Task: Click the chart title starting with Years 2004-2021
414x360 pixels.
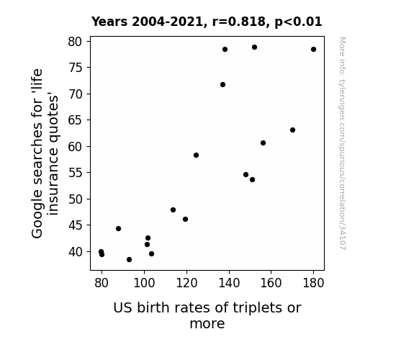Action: pyautogui.click(x=207, y=22)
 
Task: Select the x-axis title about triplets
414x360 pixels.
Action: pyautogui.click(x=207, y=315)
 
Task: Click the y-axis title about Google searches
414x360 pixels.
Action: pyautogui.click(x=45, y=153)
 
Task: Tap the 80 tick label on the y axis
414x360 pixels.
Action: pyautogui.click(x=76, y=42)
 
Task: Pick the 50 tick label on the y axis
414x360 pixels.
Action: pyautogui.click(x=76, y=199)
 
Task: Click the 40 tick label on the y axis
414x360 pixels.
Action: pyautogui.click(x=76, y=252)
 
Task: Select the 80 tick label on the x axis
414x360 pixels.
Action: pyautogui.click(x=102, y=283)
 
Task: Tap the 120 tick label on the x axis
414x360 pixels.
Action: pyautogui.click(x=186, y=283)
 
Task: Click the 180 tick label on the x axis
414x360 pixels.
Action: pyautogui.click(x=313, y=283)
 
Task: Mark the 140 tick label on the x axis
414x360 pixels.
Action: pyautogui.click(x=229, y=283)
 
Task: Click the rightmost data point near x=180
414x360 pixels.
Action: pyautogui.click(x=313, y=50)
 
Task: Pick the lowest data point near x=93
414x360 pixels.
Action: pyautogui.click(x=129, y=260)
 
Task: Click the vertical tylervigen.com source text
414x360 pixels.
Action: pyautogui.click(x=343, y=143)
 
